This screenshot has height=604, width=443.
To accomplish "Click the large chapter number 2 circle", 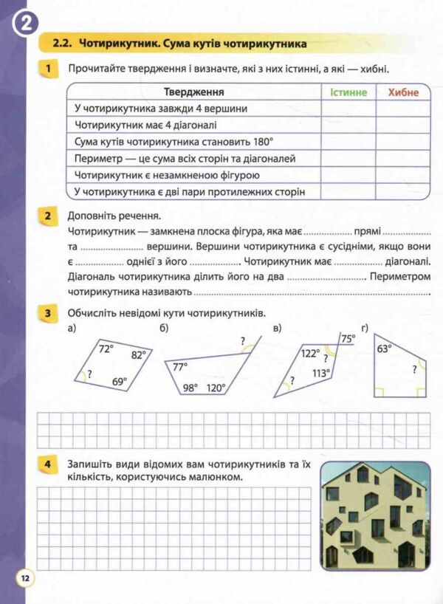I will [x=25, y=24].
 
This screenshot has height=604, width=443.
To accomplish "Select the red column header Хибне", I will [x=402, y=92].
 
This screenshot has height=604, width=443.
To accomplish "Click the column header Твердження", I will [x=193, y=92].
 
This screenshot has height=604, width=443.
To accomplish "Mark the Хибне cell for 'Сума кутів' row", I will [x=402, y=142].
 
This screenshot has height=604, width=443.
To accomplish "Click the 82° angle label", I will [x=139, y=354].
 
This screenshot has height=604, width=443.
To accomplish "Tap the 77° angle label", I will [x=180, y=366].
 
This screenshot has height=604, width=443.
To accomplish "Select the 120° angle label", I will [x=216, y=388].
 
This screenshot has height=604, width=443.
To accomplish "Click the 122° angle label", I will [x=309, y=353].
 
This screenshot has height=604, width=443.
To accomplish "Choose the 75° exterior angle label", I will [x=348, y=339].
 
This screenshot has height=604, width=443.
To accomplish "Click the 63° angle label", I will [x=384, y=350].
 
